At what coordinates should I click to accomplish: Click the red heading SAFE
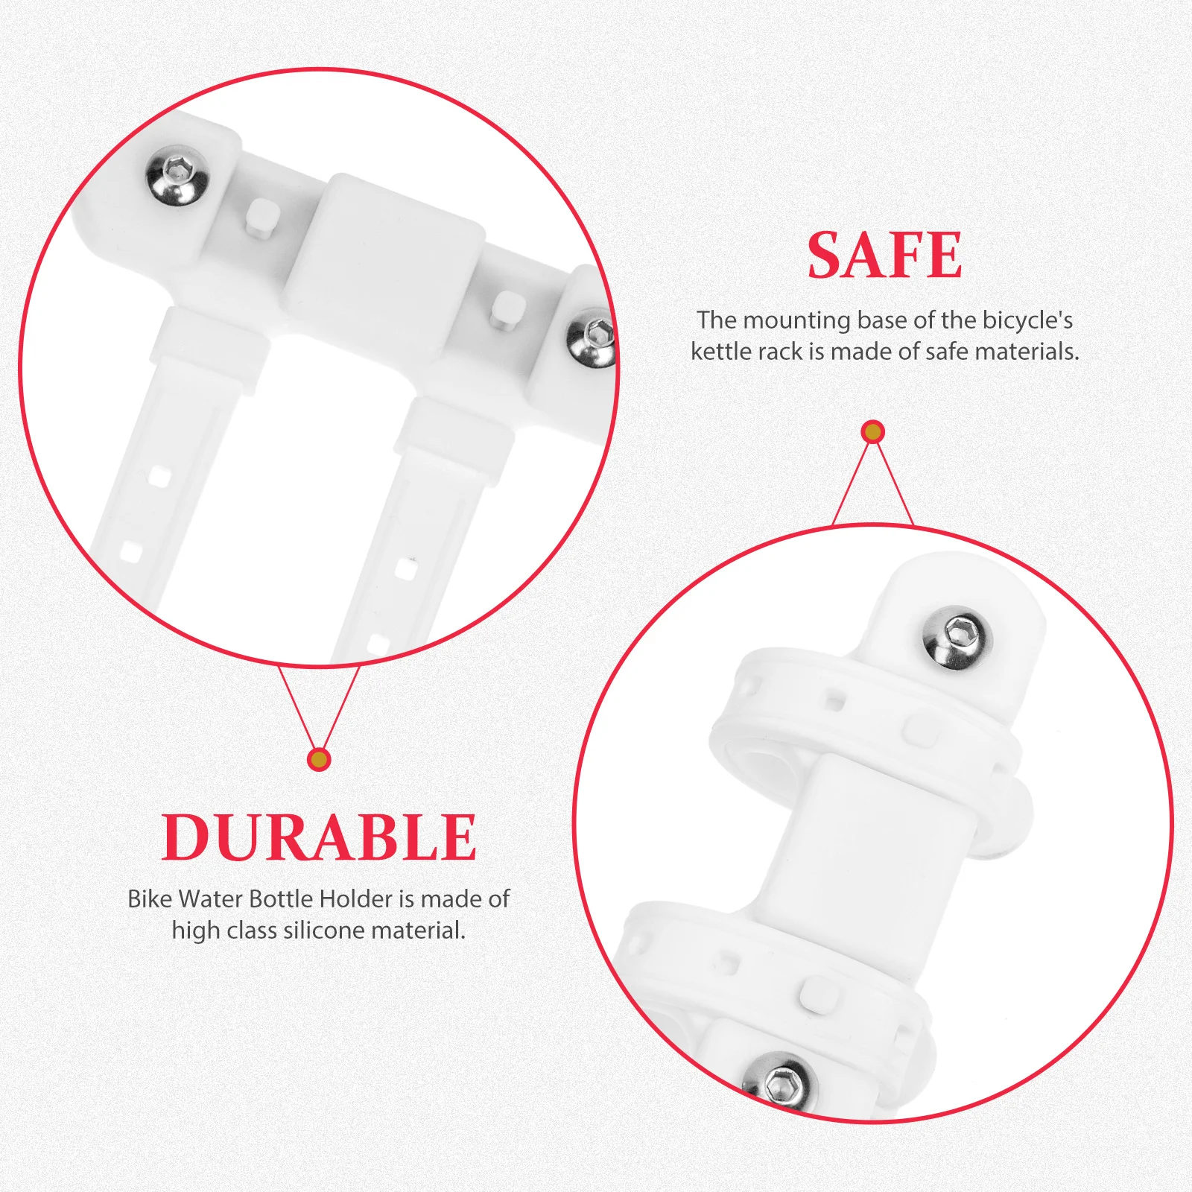pyautogui.click(x=884, y=256)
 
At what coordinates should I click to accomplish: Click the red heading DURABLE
pyautogui.click(x=319, y=837)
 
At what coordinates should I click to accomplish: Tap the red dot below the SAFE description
pyautogui.click(x=872, y=432)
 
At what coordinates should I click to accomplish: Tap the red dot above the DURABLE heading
pyautogui.click(x=319, y=759)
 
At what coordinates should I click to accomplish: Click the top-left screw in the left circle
pyautogui.click(x=177, y=175)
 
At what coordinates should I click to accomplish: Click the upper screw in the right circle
pyautogui.click(x=957, y=638)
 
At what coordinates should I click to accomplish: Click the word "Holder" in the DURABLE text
pyautogui.click(x=355, y=899)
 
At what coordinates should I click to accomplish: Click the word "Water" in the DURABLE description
pyautogui.click(x=211, y=899)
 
